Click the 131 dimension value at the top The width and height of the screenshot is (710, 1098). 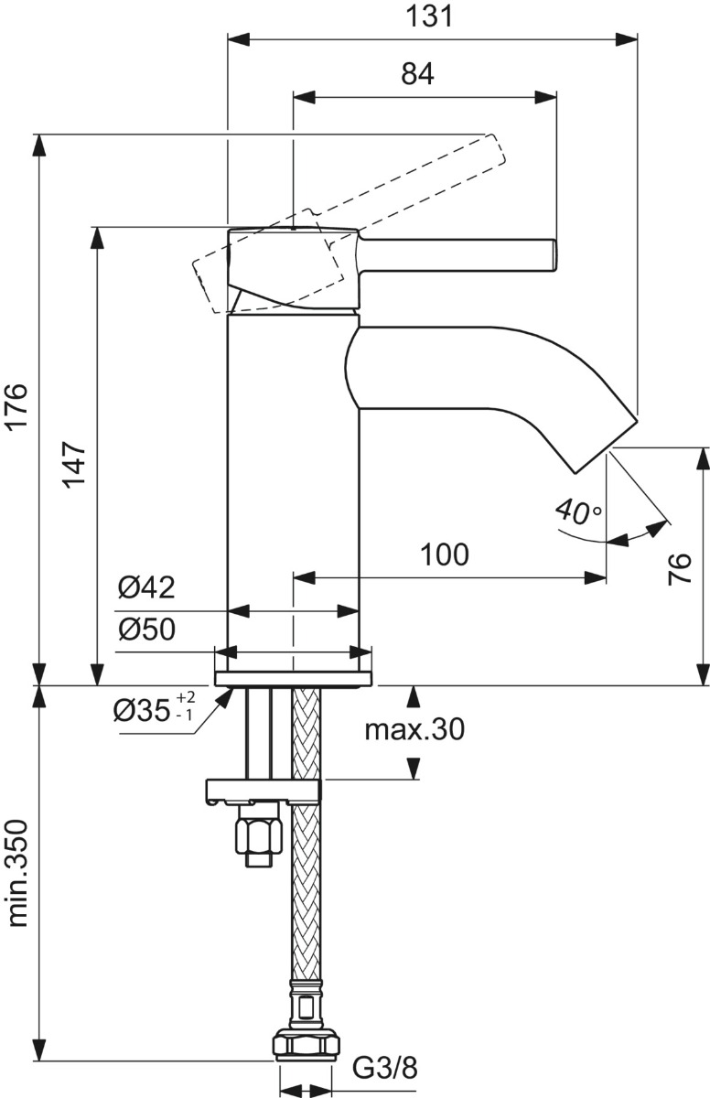pyautogui.click(x=430, y=16)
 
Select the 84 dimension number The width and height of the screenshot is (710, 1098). pyautogui.click(x=417, y=74)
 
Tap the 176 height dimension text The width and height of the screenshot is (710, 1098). pyautogui.click(x=19, y=406)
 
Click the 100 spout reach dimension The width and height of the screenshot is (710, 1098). pyautogui.click(x=445, y=554)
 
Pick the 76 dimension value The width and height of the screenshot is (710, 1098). pyautogui.click(x=679, y=568)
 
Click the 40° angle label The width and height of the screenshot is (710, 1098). pyautogui.click(x=578, y=512)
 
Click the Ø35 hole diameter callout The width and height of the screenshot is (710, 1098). pyautogui.click(x=154, y=711)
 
